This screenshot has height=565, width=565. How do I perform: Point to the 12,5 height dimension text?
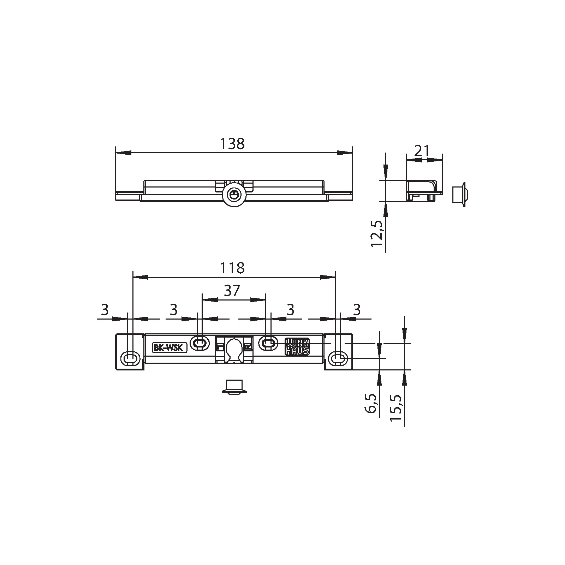pyautogui.click(x=377, y=234)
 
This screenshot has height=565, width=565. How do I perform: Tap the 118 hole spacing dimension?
pyautogui.click(x=232, y=268)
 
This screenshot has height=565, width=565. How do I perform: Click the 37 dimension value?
pyautogui.click(x=232, y=291)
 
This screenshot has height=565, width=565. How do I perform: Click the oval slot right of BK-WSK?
pyautogui.click(x=200, y=343)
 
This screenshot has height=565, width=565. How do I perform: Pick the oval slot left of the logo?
pyautogui.click(x=268, y=343)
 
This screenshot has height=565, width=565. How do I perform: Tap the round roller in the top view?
pyautogui.click(x=233, y=194)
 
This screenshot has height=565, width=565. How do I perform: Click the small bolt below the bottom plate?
pyautogui.click(x=233, y=387)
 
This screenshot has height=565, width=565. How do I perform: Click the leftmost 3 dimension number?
pyautogui.click(x=104, y=310)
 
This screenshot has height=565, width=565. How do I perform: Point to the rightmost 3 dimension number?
pyautogui.click(x=357, y=310)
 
